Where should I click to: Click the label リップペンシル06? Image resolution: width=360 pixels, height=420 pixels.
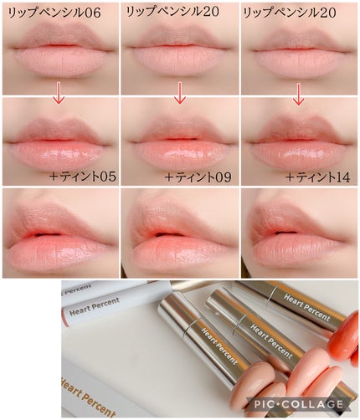[x=54, y=13]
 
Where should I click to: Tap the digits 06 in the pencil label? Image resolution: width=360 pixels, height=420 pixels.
[x=92, y=13]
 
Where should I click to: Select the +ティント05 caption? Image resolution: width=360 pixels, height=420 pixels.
[x=83, y=177]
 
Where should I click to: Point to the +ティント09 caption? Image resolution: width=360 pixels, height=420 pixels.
[x=198, y=177]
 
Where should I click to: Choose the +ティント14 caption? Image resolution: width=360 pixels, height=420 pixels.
[x=318, y=177]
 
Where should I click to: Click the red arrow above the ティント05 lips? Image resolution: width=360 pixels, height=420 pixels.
[x=59, y=93]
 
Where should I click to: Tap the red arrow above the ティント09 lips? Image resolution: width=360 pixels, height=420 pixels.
[x=180, y=93]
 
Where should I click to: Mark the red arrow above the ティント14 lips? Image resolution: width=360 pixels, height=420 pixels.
[x=299, y=95]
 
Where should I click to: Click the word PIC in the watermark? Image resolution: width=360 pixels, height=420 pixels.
[x=265, y=404]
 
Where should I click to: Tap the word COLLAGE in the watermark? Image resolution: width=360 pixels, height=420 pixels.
[x=315, y=404]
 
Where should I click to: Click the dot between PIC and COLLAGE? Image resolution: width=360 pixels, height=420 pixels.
[x=282, y=404]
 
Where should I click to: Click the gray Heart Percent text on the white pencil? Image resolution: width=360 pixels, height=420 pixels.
[x=95, y=307]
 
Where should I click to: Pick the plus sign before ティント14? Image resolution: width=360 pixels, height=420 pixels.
[x=291, y=177]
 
